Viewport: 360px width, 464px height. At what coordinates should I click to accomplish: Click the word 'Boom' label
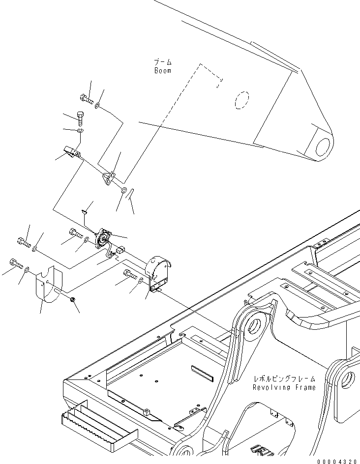coord(162,71)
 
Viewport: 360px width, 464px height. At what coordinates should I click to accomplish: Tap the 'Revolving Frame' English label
coord(284,387)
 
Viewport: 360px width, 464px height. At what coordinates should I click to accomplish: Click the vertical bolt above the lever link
coord(81,118)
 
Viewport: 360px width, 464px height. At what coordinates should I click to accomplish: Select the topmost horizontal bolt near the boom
coord(87,99)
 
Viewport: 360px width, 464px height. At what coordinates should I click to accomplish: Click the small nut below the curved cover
coord(72,299)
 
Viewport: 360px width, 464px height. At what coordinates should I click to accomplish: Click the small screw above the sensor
coord(84,212)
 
